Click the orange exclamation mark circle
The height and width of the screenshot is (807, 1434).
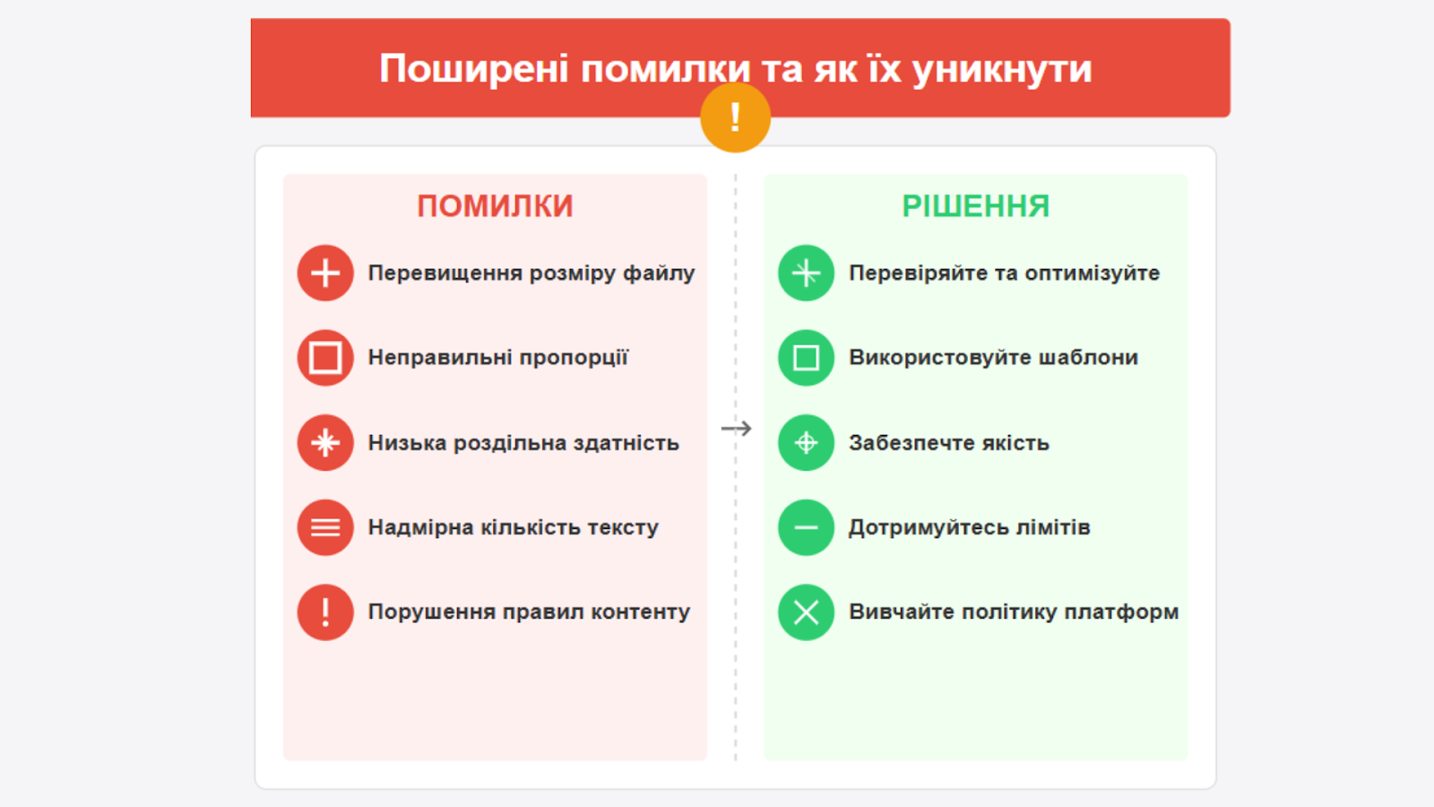point(735,117)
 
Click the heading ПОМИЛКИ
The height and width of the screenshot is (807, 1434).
point(495,206)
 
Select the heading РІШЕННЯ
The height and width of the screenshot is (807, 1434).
point(976,206)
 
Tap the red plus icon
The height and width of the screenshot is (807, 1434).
point(325,273)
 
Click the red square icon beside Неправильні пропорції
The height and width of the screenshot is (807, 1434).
point(325,358)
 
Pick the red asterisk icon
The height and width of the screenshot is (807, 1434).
point(325,443)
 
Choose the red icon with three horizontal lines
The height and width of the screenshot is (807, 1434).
point(325,527)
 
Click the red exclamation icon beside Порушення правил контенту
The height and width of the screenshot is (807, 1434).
point(325,612)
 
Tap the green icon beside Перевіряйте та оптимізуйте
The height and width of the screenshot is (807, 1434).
point(806,273)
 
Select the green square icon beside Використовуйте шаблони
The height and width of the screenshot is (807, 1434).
point(806,358)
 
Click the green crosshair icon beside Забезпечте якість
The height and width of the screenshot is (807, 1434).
point(806,443)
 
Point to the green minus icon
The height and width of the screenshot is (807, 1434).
point(806,527)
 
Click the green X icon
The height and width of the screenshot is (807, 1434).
point(806,612)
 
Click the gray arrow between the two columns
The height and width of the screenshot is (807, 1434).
point(736,428)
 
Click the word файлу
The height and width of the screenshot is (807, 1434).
point(659,273)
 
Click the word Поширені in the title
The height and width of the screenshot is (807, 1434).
point(474,68)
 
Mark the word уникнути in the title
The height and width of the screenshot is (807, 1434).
point(1002,68)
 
